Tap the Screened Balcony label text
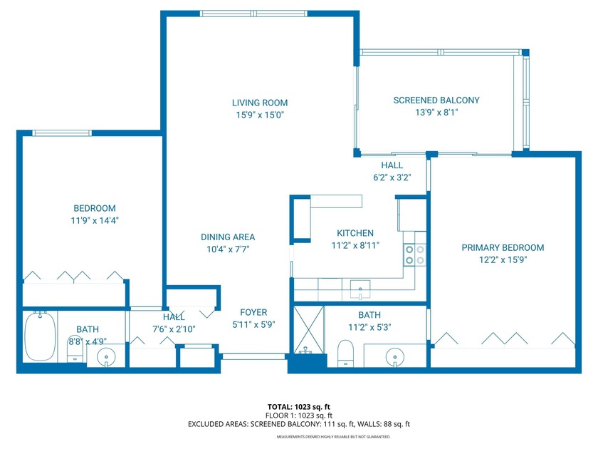[436, 100]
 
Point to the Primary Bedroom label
[503, 247]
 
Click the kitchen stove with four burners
[414, 254]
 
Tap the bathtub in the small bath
[40, 339]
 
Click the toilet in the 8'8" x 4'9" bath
[75, 348]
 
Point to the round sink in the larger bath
[395, 356]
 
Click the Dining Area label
[228, 237]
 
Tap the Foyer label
[253, 312]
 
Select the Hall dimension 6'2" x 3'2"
[392, 177]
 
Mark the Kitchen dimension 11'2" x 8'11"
[355, 245]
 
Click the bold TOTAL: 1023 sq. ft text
[298, 406]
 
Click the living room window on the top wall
[254, 13]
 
